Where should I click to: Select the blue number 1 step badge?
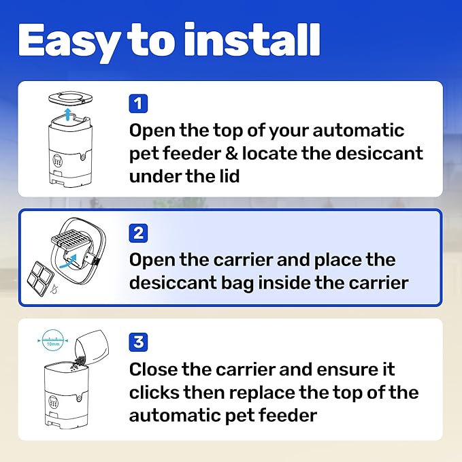point(138,103)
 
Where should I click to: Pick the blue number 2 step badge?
point(138,233)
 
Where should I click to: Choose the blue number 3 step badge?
point(138,342)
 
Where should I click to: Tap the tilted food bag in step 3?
point(91,348)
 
